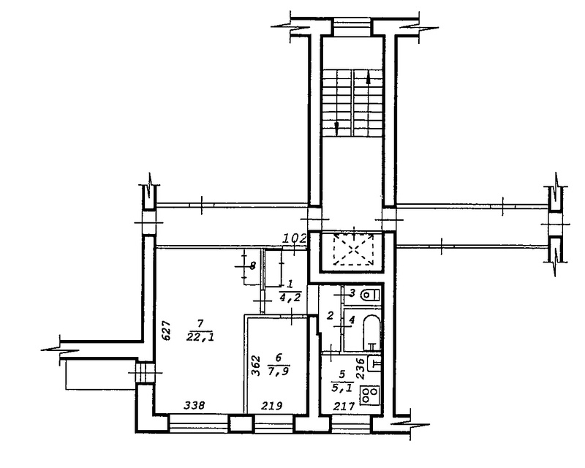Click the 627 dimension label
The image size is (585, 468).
click(167, 331)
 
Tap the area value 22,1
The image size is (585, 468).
click(202, 337)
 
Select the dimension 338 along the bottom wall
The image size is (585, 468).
click(195, 405)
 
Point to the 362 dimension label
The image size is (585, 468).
click(255, 366)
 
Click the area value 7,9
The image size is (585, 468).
click(279, 371)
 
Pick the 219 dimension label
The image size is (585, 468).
click(271, 405)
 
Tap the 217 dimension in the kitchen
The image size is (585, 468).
click(344, 406)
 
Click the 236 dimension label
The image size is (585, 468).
click(360, 369)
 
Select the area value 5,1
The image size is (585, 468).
click(341, 388)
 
